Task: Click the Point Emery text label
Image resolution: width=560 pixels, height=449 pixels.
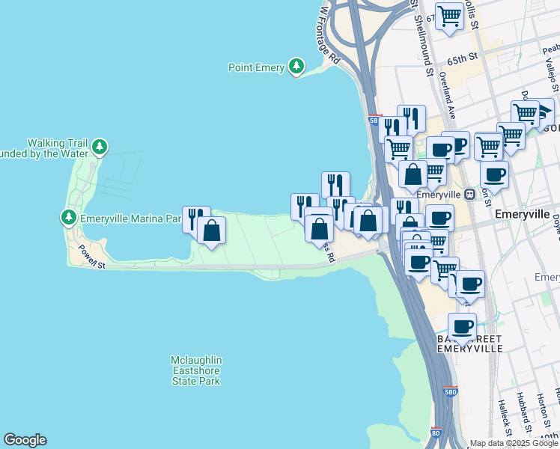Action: coord(256,68)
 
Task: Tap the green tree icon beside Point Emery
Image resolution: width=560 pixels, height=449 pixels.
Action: coord(298,67)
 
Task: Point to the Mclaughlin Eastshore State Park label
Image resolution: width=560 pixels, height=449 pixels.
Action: coord(195,370)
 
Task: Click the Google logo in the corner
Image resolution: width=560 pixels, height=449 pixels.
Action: coord(25,440)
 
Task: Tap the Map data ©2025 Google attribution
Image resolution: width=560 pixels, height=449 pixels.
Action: coord(514,443)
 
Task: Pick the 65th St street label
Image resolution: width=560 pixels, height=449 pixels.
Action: coord(463,58)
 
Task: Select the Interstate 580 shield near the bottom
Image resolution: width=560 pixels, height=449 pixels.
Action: coord(450,391)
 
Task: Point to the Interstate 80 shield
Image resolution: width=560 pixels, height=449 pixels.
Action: coord(436,433)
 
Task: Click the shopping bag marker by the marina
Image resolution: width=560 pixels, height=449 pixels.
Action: coord(212,230)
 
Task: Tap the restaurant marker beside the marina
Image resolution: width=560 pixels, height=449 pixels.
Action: coord(195,219)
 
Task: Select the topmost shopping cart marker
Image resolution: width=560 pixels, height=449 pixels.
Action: coord(449,16)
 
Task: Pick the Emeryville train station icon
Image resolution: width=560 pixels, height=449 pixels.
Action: coord(469,194)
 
